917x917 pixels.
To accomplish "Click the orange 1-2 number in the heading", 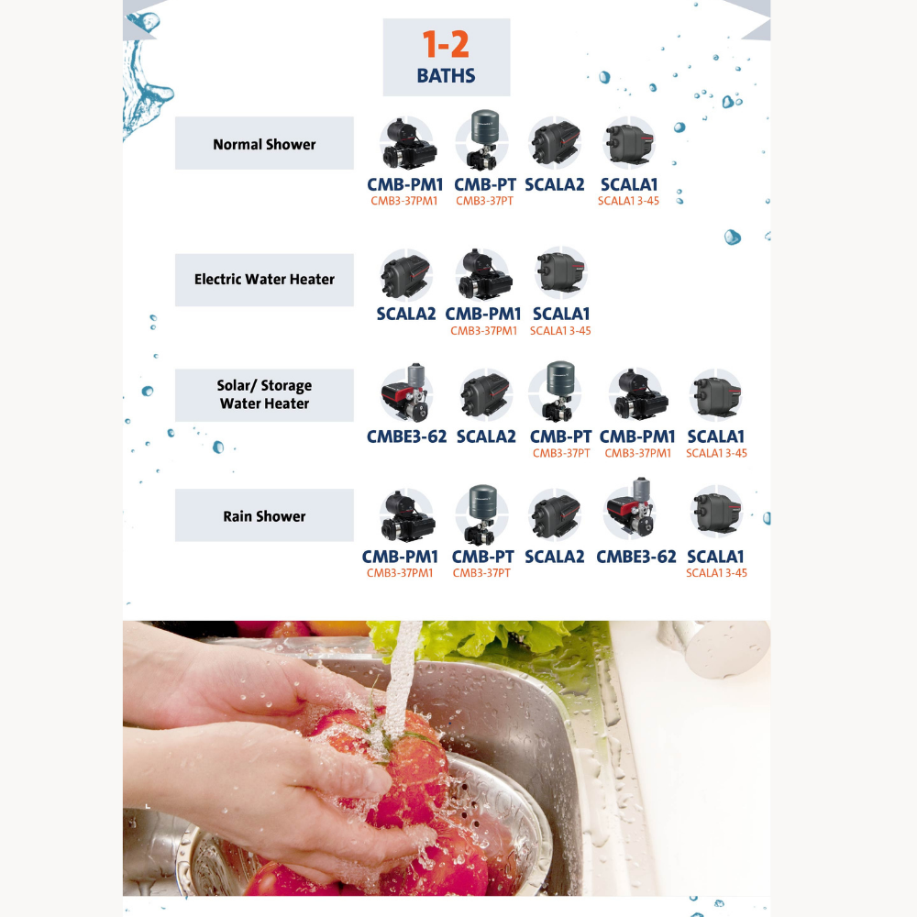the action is tap(446, 44).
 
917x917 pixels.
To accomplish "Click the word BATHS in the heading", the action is tap(446, 75).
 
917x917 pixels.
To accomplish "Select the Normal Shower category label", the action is tap(264, 144).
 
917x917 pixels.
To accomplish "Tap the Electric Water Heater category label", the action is tap(264, 279).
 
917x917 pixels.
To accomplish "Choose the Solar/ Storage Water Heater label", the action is tap(264, 394).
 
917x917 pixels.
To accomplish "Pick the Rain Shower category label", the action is tap(264, 515).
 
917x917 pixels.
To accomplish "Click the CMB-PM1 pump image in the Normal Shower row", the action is tap(408, 143).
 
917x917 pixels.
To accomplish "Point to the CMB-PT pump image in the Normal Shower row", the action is tap(482, 139).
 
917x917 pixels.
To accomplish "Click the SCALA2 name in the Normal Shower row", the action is tap(555, 184).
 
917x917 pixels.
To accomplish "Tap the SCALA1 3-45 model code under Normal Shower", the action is tap(628, 201).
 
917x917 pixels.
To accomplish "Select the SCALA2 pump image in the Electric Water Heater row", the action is tap(406, 274).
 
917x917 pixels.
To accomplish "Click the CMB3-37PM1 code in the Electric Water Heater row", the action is tap(483, 330).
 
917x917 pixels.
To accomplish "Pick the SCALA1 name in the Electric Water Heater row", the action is tap(561, 314).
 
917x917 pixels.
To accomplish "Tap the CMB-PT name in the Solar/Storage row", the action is tap(560, 436).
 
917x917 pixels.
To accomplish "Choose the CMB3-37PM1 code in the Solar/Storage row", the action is tap(637, 453).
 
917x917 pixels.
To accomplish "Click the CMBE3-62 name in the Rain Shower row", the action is tap(635, 557).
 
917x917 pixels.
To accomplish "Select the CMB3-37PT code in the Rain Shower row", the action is tap(481, 573).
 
